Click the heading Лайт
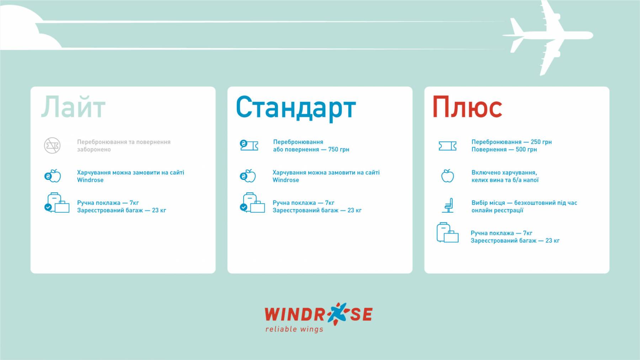[x=73, y=107]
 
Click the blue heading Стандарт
[x=296, y=108]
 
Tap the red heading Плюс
[x=467, y=107]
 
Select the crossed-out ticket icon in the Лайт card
[x=52, y=145]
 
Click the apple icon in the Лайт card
[x=53, y=176]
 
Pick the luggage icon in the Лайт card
[x=57, y=203]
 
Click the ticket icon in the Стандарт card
[x=249, y=145]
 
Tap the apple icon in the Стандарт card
[x=248, y=176]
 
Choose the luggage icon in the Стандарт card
[x=252, y=203]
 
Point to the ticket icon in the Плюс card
[x=448, y=146]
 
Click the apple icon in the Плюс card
[x=448, y=176]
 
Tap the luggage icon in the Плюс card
[x=447, y=233]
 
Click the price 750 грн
[x=338, y=150]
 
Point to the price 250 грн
[x=541, y=142]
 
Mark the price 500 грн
[x=526, y=150]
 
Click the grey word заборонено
[x=94, y=150]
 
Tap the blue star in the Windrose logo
[x=337, y=314]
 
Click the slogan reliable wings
[x=294, y=329]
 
